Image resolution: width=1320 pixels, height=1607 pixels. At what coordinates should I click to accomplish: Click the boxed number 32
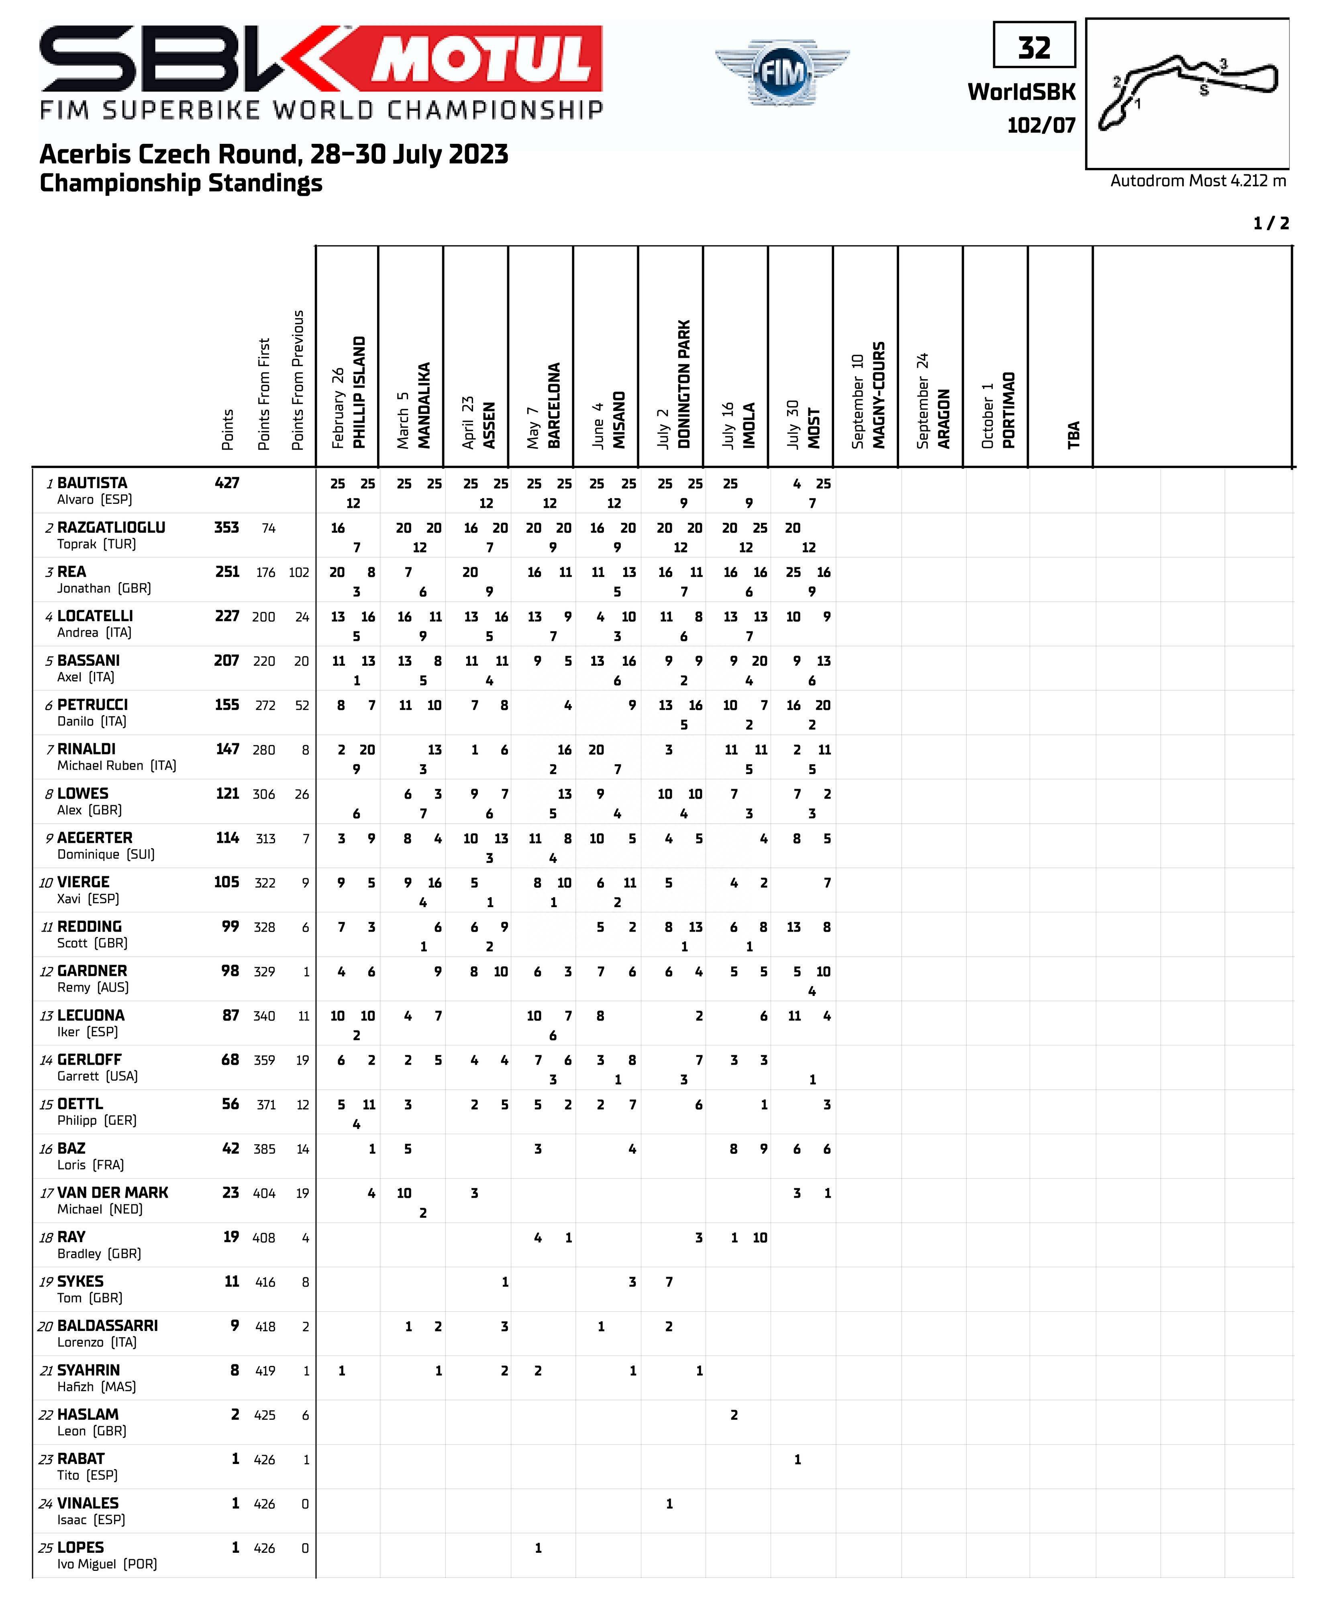(x=1034, y=47)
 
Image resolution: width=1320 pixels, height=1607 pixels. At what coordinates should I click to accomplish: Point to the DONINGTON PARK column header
(x=683, y=384)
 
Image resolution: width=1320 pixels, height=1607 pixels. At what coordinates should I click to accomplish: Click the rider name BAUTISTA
(x=92, y=483)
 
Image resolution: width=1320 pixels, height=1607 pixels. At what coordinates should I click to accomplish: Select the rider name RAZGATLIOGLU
(x=111, y=527)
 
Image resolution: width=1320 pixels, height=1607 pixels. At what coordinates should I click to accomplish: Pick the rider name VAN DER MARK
(x=112, y=1192)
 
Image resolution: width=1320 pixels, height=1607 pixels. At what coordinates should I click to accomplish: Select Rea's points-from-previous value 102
(x=299, y=572)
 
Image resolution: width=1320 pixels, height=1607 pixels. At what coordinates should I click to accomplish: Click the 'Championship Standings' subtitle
(x=181, y=183)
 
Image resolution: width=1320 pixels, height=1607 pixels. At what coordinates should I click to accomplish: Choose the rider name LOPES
(x=81, y=1548)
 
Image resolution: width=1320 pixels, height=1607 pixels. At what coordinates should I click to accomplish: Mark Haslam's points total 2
(x=235, y=1415)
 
